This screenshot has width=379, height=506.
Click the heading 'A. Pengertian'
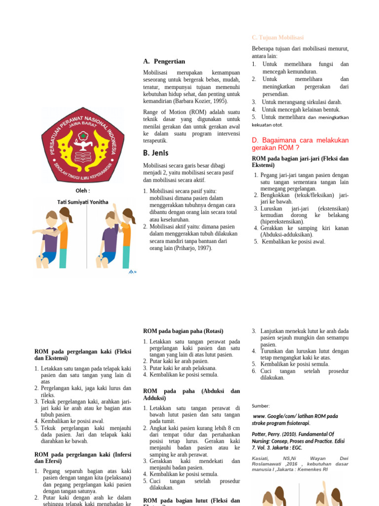pyautogui.click(x=164, y=61)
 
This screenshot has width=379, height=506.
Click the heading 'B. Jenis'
pyautogui.click(x=156, y=153)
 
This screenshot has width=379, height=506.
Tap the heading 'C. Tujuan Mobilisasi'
pyautogui.click(x=277, y=38)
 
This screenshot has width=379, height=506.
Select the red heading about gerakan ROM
pyautogui.click(x=300, y=144)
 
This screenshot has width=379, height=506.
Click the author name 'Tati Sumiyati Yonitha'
pyautogui.click(x=82, y=202)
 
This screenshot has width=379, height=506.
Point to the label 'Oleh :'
pyautogui.click(x=82, y=191)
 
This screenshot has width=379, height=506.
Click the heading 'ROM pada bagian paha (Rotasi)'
pyautogui.click(x=183, y=331)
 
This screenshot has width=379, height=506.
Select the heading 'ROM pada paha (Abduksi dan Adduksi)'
pyautogui.click(x=191, y=394)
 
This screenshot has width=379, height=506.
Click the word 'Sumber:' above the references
pyautogui.click(x=261, y=406)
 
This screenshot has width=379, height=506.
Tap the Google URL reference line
pyautogui.click(x=295, y=420)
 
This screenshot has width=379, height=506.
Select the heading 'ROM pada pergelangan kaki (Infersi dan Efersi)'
pyautogui.click(x=82, y=458)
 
